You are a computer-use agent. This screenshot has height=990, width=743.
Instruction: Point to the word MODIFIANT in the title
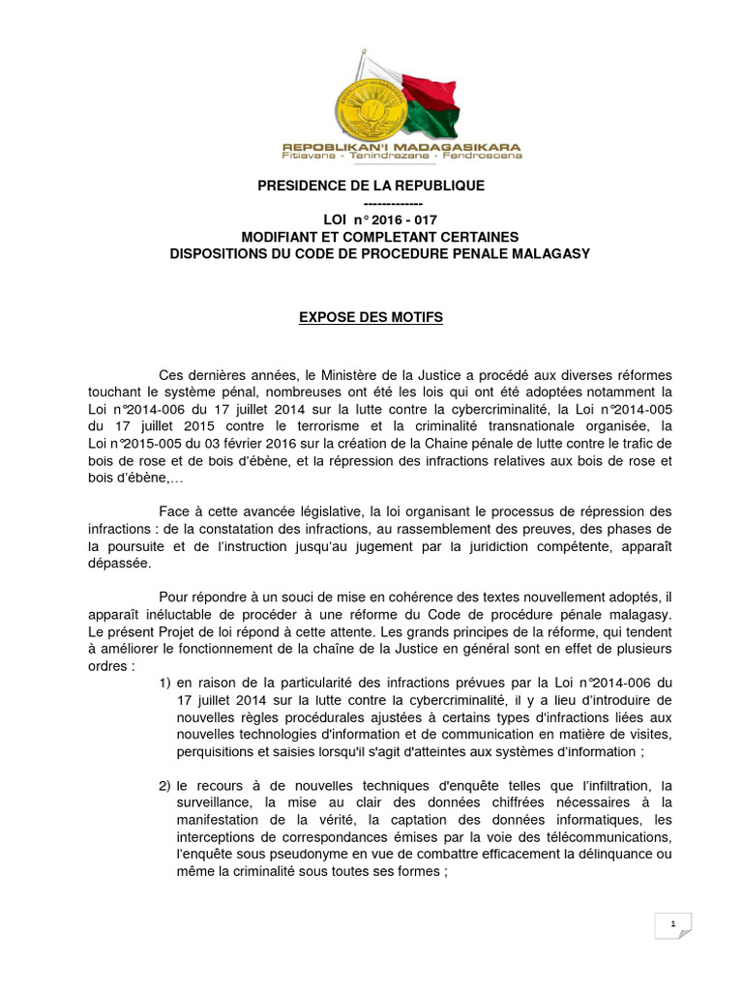(282, 237)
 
